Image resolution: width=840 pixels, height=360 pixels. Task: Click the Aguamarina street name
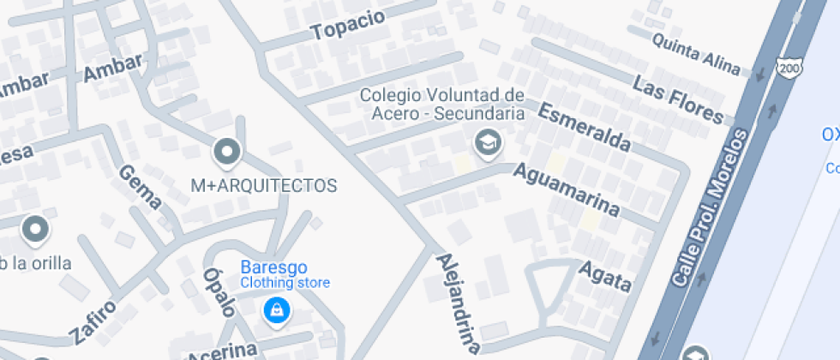[565, 189]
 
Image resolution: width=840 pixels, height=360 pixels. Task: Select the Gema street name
[140, 187]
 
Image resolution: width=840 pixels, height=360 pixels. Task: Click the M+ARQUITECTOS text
[263, 185]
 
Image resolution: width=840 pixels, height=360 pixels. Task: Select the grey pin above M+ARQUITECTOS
[227, 153]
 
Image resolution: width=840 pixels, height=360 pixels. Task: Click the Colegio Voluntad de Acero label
[441, 104]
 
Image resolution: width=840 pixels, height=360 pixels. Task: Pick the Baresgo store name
[273, 267]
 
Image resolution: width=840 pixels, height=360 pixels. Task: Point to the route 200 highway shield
[787, 66]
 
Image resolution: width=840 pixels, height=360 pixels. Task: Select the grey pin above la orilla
[35, 230]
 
